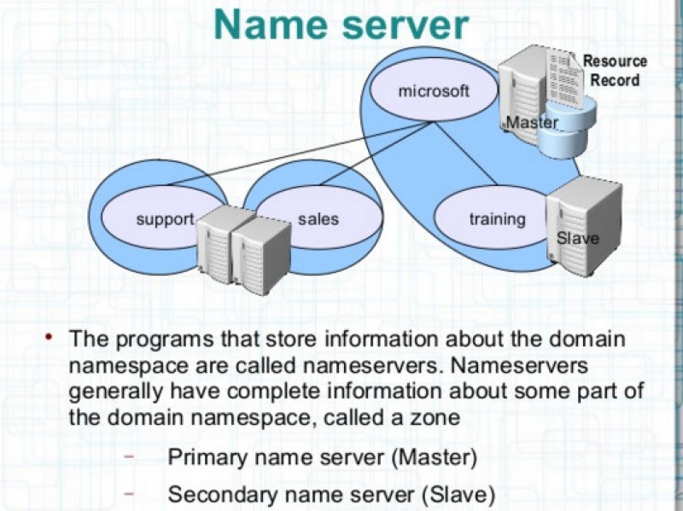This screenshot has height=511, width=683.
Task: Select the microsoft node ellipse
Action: click(433, 90)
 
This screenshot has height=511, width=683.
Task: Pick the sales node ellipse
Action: click(318, 219)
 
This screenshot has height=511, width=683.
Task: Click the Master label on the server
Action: click(532, 123)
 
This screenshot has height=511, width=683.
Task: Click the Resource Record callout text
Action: click(616, 70)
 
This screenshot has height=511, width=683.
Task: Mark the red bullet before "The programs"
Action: click(50, 338)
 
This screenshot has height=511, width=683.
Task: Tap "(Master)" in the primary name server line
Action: click(434, 457)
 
